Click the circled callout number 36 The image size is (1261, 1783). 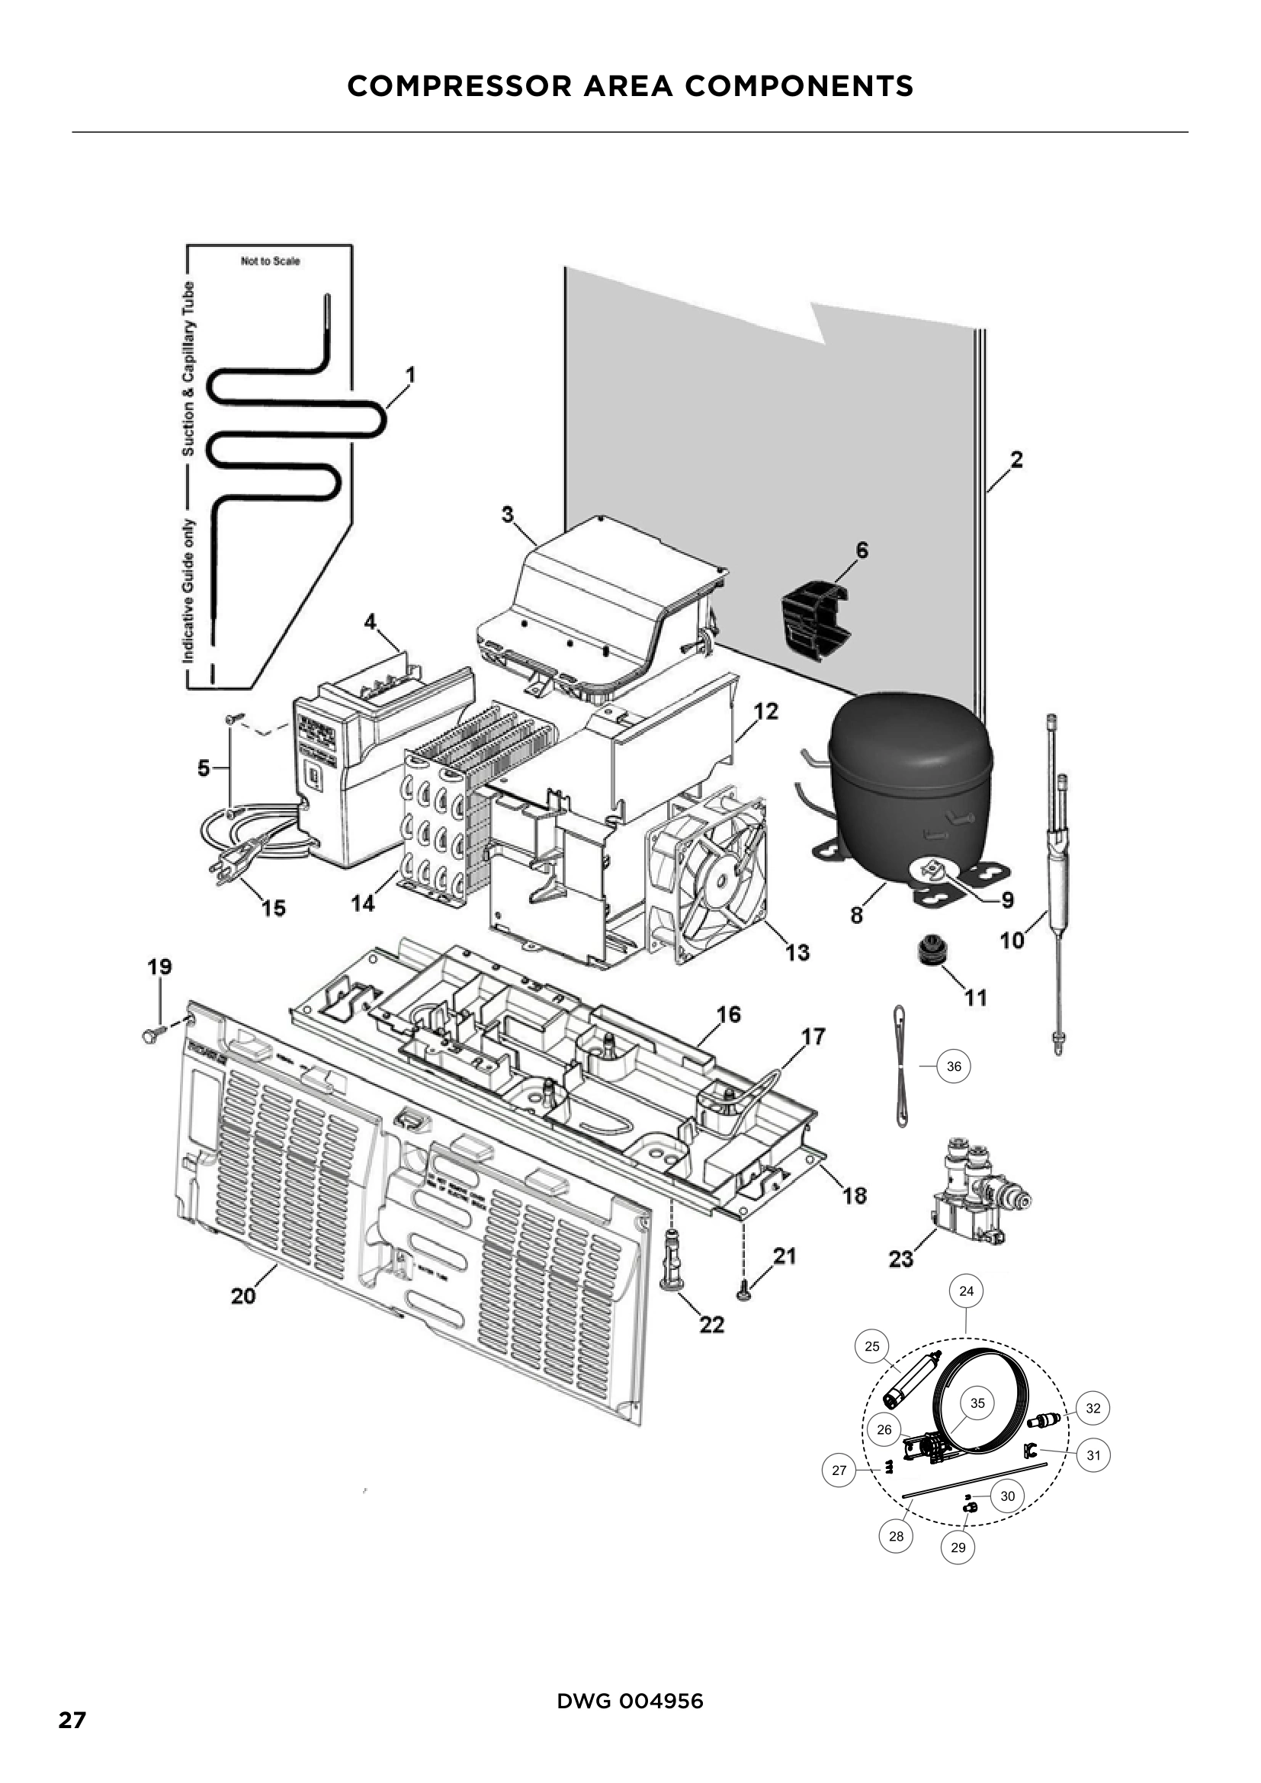point(954,1066)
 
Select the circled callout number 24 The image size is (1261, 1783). point(966,1291)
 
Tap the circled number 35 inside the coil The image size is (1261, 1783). point(977,1403)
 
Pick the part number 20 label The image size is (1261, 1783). point(243,1296)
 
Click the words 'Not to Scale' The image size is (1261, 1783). point(270,261)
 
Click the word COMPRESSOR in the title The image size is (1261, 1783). point(458,86)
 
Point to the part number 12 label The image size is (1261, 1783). point(765,710)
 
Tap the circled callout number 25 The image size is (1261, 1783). point(872,1345)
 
